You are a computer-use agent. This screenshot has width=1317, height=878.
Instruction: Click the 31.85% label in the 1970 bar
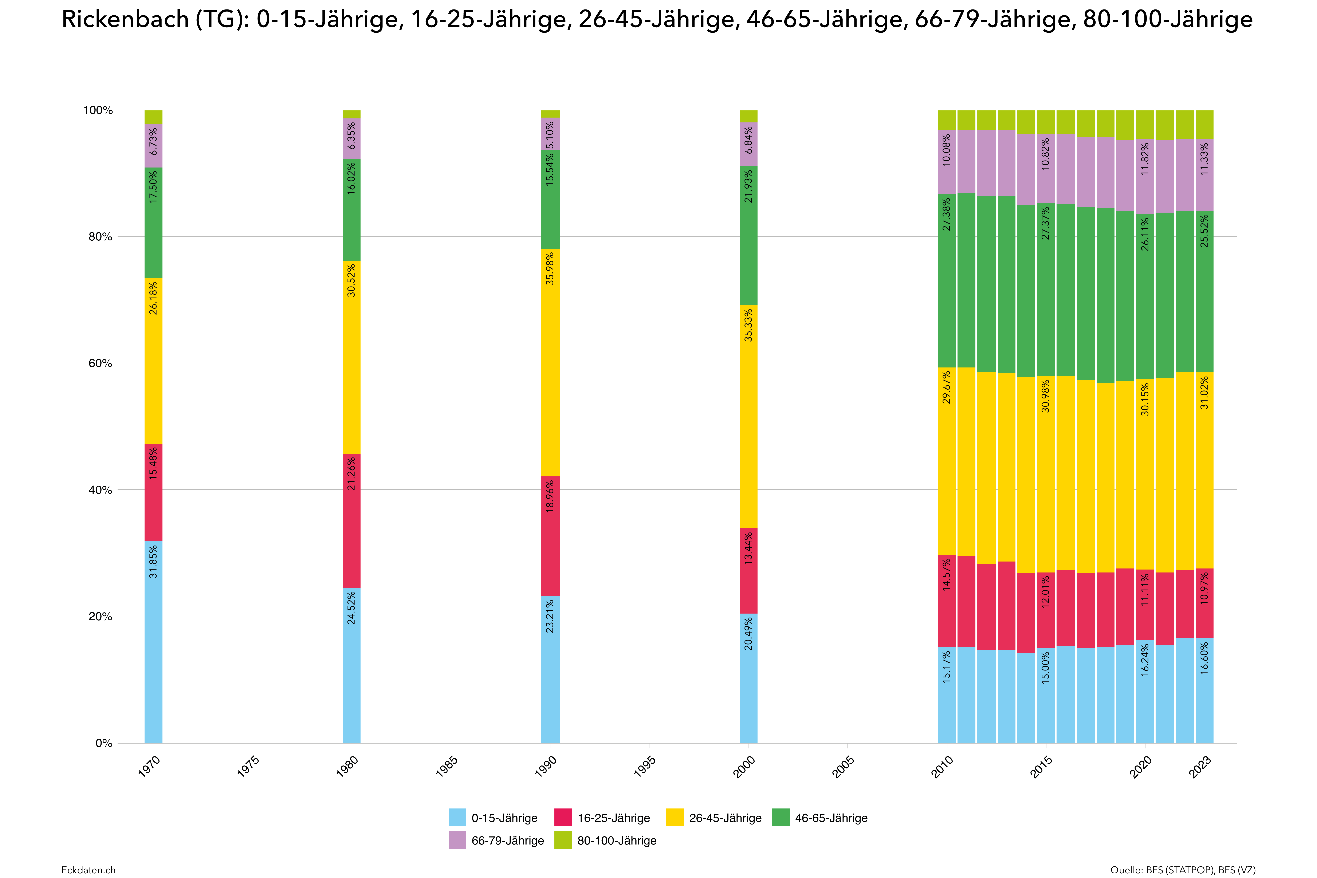pos(153,562)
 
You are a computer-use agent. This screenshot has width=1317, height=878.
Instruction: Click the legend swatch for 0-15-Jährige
pos(457,818)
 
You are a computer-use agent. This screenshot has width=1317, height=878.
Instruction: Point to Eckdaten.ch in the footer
pos(89,870)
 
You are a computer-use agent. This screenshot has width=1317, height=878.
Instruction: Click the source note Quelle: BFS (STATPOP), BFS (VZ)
pos(1183,870)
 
